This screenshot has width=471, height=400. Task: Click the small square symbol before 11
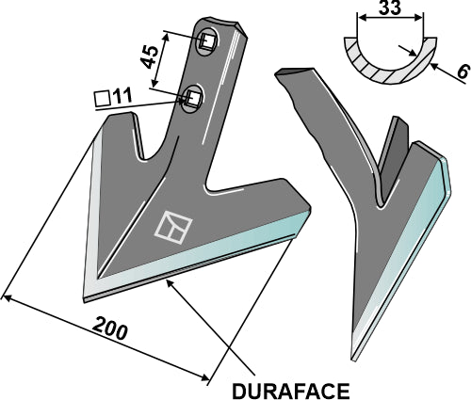(x=103, y=95)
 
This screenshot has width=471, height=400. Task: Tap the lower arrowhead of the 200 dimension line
(x=209, y=379)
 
